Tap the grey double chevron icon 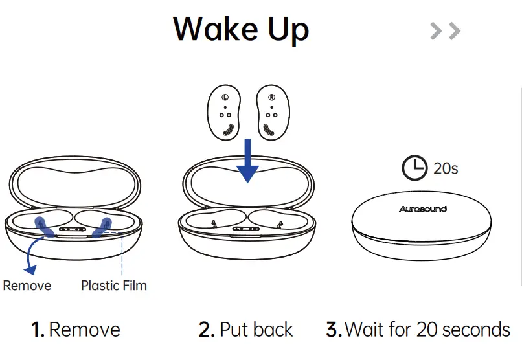tap(445, 30)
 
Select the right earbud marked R tap(271, 113)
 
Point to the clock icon tap(415, 168)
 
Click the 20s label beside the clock tap(446, 169)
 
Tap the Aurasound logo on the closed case tap(422, 209)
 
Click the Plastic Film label tap(113, 286)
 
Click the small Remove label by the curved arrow tap(27, 286)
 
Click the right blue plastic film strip tap(102, 227)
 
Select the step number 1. tap(38, 330)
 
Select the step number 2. tap(207, 330)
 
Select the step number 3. tap(334, 330)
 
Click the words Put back tap(256, 330)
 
